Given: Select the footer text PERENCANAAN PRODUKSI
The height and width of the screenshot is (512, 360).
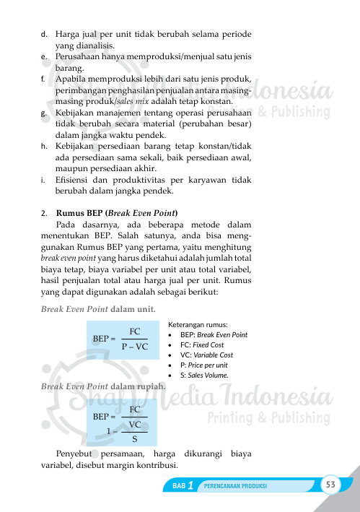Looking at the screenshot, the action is coord(236,486).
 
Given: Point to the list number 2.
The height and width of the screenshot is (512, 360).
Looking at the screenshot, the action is coord(45,213).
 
